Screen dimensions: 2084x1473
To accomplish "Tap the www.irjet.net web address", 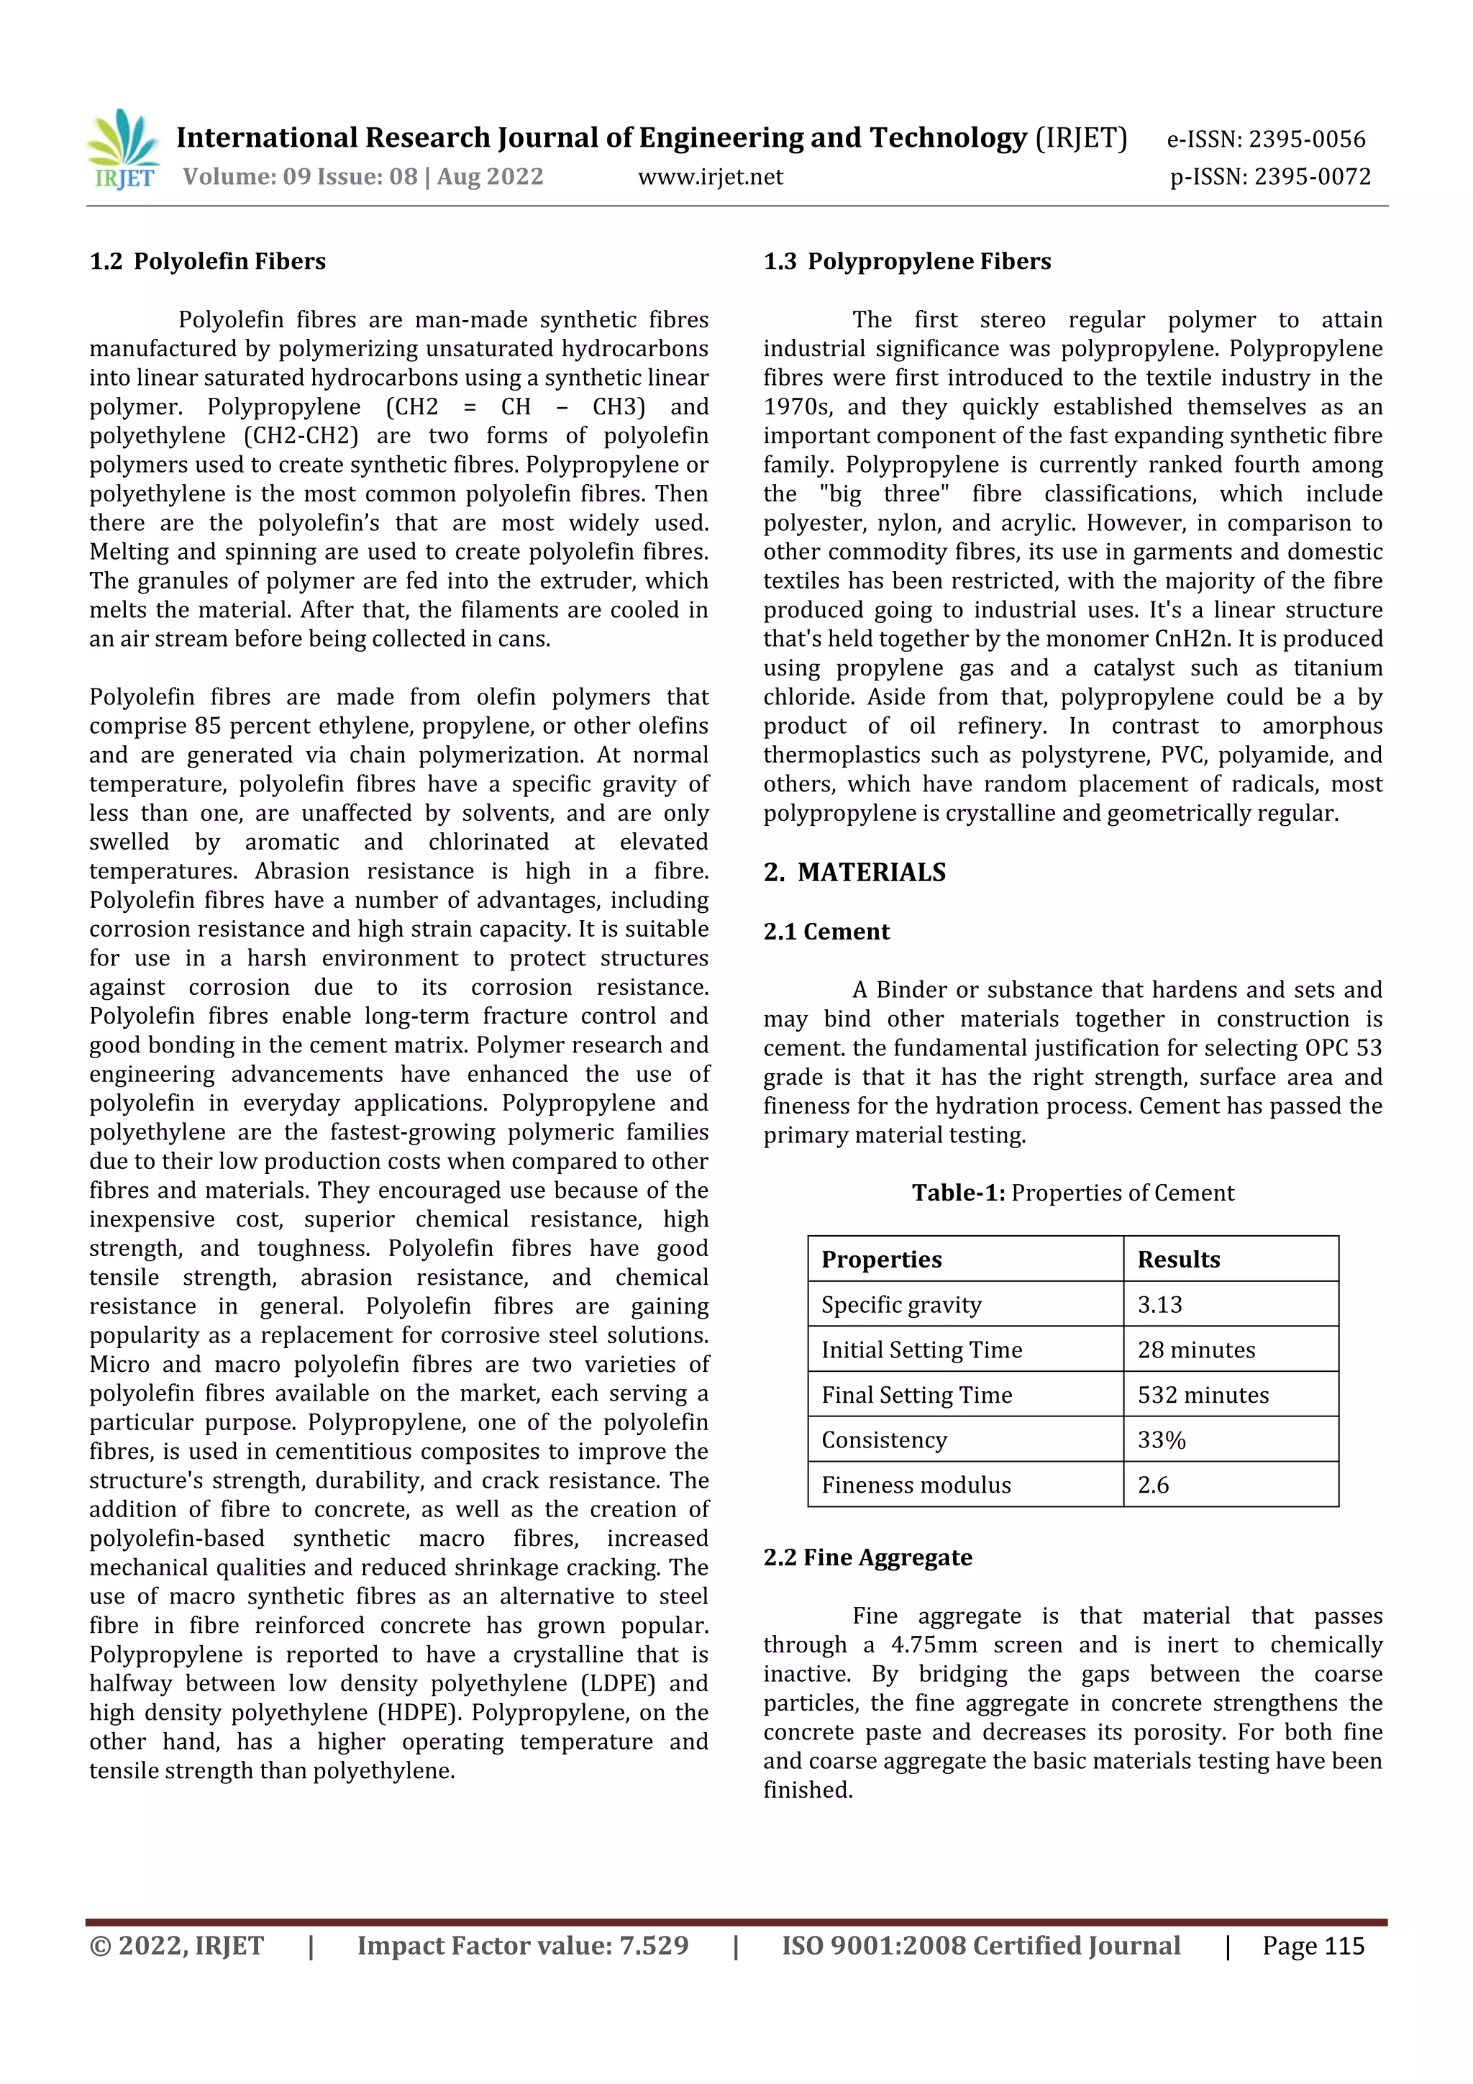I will point(710,177).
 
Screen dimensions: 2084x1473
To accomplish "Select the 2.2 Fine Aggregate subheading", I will point(867,1557).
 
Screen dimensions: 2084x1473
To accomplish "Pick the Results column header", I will point(1178,1259).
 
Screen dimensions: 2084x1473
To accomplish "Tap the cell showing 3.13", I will point(1160,1304).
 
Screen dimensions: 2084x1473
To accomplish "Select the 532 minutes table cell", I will point(1203,1395).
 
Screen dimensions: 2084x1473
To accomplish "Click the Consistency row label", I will point(884,1440).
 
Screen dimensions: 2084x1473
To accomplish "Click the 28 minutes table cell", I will point(1196,1350).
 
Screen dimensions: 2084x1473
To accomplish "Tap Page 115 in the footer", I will point(1313,1946).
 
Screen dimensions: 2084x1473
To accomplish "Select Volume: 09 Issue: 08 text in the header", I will point(299,177).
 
